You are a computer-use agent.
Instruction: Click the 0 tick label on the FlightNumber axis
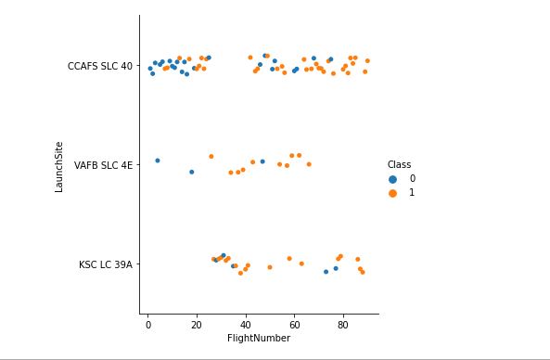coord(147,326)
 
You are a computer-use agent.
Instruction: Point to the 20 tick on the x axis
coord(197,326)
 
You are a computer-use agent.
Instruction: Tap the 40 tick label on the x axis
coord(246,326)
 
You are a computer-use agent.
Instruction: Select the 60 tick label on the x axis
coord(294,326)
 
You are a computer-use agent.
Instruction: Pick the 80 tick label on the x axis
coord(343,326)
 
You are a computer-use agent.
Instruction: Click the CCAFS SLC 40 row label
coord(99,66)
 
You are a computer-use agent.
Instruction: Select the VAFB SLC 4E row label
coord(103,165)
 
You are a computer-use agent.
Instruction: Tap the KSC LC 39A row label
coord(105,264)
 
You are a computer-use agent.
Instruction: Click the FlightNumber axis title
coord(259,339)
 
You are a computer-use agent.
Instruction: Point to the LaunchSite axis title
coord(59,165)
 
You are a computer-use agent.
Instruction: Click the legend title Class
coord(399,164)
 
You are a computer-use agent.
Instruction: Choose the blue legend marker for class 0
coord(392,178)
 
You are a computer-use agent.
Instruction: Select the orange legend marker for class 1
coord(392,193)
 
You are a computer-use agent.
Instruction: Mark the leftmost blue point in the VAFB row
coord(158,161)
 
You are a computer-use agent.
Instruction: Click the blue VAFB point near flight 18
coord(192,172)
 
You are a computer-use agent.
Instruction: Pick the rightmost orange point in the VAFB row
coord(309,164)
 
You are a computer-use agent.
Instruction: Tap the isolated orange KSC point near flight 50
coord(270,267)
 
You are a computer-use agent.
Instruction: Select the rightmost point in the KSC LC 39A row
coord(363,273)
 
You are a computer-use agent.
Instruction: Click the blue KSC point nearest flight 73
coord(326,272)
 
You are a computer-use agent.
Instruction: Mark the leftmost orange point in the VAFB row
coord(211,157)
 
